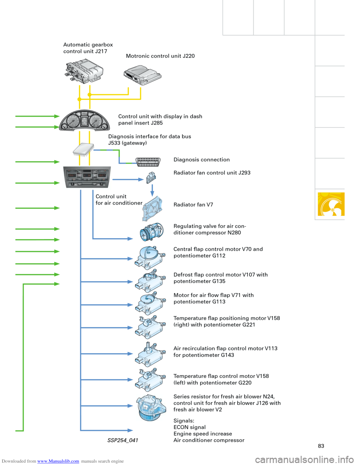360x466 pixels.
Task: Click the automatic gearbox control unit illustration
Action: [84, 71]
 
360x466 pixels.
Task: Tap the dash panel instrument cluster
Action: [85, 120]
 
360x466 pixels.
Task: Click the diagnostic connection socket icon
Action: [148, 162]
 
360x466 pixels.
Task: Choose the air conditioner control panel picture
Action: [87, 177]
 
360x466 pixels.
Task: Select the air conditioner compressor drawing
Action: [151, 232]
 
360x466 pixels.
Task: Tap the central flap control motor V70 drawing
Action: [150, 257]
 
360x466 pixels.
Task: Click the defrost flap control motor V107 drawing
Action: [150, 281]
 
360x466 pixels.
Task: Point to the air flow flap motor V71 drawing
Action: [150, 303]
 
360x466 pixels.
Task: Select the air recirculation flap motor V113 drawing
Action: [150, 353]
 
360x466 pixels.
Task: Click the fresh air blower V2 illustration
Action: [151, 407]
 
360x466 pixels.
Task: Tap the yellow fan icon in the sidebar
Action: [331, 204]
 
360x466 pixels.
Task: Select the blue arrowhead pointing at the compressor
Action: [130, 239]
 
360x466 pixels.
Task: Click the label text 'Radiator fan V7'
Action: [193, 205]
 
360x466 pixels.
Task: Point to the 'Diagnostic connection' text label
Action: [202, 160]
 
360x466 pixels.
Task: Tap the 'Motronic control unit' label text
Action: [160, 56]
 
